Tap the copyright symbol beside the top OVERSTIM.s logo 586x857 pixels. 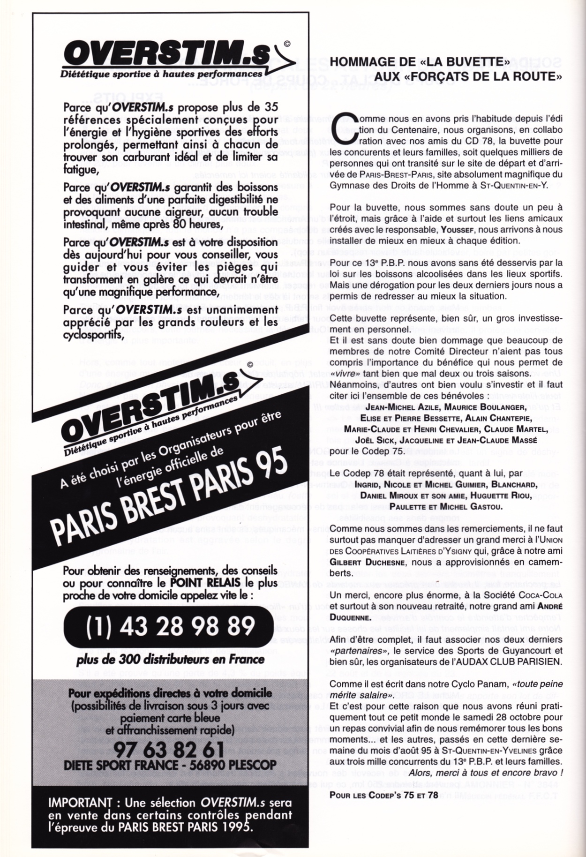pos(287,44)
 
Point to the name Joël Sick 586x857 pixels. pos(374,440)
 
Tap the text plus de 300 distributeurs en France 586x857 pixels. pos(170,659)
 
